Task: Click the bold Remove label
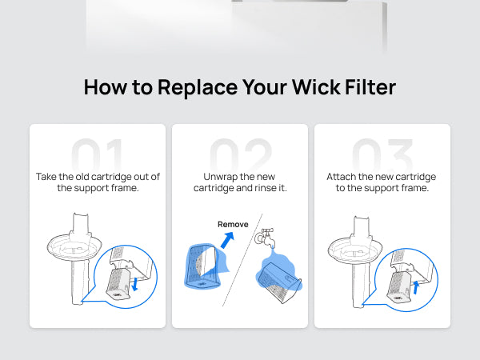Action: coord(233,224)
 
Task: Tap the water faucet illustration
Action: coord(264,237)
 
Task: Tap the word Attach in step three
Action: coord(342,175)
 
